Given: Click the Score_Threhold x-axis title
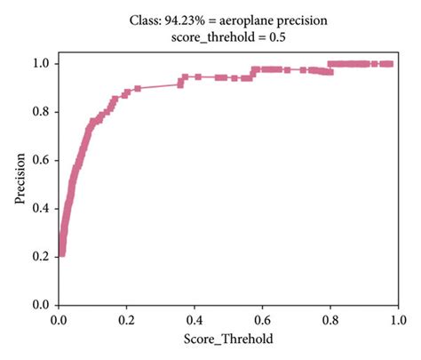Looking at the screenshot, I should [x=228, y=339].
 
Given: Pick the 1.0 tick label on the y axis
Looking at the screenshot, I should [x=41, y=64].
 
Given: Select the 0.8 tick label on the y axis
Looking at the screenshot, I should [x=41, y=112].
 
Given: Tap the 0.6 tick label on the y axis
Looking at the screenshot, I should [x=41, y=160].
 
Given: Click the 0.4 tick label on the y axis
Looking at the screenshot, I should [x=41, y=208].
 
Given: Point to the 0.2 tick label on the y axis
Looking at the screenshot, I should [x=41, y=256].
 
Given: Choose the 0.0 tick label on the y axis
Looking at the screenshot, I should [x=41, y=304].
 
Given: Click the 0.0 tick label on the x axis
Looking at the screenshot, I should [x=59, y=318].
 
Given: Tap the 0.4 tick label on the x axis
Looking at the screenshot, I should [x=195, y=318].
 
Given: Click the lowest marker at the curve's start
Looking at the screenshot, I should [x=61, y=253].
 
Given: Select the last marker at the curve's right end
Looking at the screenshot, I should [x=390, y=64].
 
